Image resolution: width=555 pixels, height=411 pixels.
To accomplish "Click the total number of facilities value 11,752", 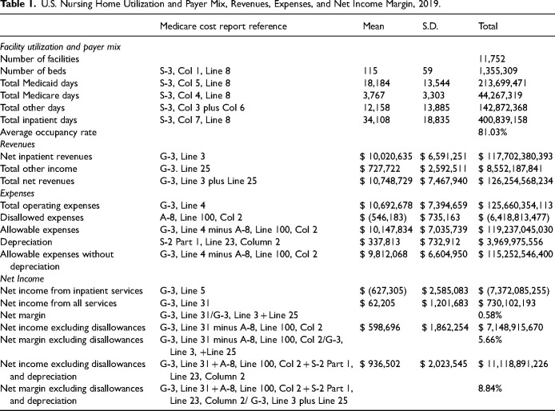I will coord(490,59).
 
